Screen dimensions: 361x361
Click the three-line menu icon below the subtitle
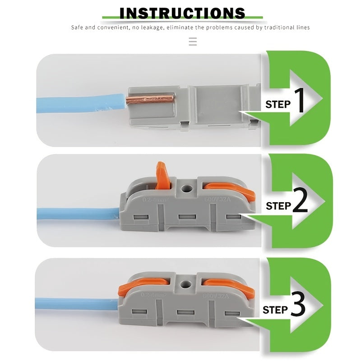coord(193,42)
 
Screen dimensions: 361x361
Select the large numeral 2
coord(300,202)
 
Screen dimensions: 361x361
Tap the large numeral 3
coord(298,305)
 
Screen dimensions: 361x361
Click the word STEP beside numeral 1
coord(278,105)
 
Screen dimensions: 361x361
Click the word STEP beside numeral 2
coord(278,206)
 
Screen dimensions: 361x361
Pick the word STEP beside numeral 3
coord(275,310)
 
